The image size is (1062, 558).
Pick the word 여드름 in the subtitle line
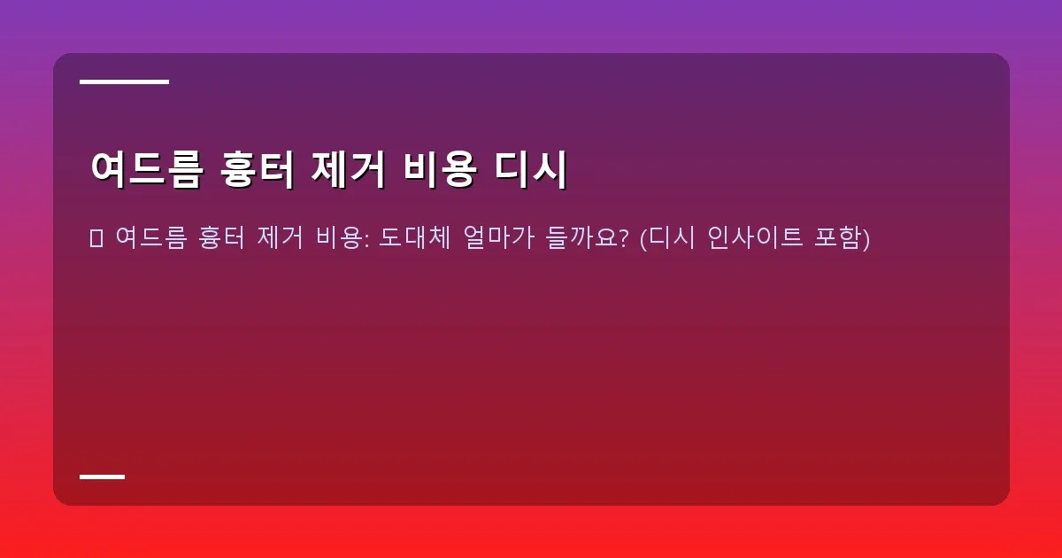click(150, 237)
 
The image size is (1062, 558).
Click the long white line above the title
click(124, 81)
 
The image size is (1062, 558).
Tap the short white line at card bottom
click(102, 477)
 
